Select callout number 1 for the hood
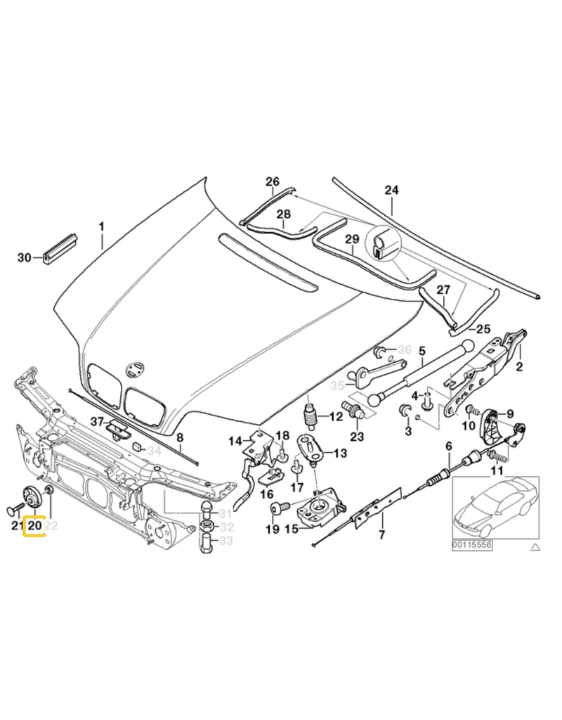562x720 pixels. click(101, 226)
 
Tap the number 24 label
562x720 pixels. click(391, 190)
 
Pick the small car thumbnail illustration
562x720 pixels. click(495, 503)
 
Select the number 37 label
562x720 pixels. click(96, 422)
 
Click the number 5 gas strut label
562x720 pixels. click(421, 351)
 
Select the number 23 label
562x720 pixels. click(357, 436)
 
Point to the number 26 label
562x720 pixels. click(272, 181)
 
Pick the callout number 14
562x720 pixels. click(234, 441)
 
